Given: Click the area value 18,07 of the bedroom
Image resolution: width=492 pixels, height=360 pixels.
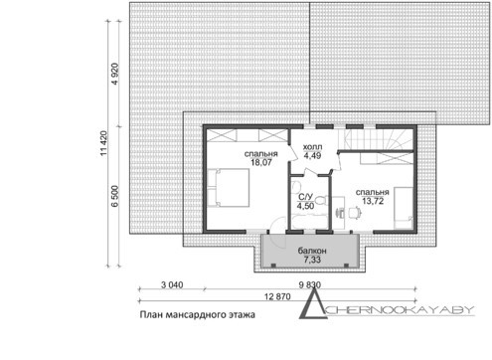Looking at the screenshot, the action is point(261,162).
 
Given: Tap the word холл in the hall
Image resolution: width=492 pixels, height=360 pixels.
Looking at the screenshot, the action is point(312,147).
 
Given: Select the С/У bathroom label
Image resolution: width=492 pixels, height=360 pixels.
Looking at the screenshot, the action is point(305,197).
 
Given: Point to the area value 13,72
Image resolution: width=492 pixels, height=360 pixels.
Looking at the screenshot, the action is point(373,201).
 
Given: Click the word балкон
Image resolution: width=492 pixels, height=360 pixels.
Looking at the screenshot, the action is point(312,251).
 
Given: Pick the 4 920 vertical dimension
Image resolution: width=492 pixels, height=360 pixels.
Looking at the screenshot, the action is point(115,74).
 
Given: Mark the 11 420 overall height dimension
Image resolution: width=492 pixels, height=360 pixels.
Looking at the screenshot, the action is point(103,143).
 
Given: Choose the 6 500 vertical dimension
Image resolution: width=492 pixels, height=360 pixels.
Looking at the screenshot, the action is point(115,196).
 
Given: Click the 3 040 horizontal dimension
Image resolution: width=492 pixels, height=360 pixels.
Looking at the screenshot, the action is point(172,284).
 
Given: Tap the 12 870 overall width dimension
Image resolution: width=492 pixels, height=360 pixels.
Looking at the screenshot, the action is point(277,296).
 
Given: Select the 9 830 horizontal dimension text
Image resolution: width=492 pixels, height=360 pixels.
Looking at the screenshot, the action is point(310,284).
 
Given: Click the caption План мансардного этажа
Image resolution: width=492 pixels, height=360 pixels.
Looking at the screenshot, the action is point(197,314).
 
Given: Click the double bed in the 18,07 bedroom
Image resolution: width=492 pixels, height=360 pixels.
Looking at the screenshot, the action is point(229,188).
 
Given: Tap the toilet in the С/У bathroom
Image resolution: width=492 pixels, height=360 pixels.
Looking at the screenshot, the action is point(322,201).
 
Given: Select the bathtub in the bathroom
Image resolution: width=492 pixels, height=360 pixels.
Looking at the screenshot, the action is point(310,222).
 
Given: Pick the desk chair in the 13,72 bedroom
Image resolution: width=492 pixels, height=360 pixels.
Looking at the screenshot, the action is point(354,213).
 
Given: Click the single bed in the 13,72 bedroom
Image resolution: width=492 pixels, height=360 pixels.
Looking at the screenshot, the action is point(404,208).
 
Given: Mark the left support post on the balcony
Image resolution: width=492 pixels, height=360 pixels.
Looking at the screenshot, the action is point(273,266).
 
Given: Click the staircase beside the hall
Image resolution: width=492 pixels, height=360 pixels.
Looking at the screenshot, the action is point(376,139).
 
